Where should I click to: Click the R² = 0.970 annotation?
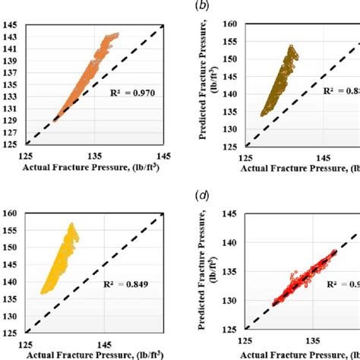click(125, 97)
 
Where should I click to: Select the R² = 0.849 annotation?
click(125, 287)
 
